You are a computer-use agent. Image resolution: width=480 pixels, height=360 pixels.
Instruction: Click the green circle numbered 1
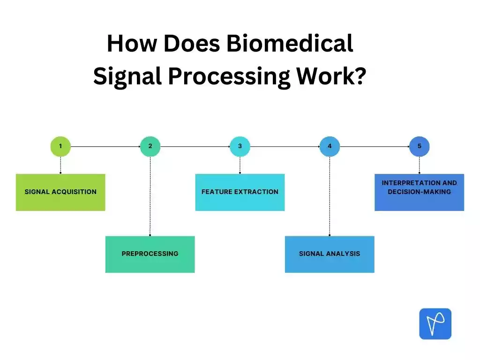60,146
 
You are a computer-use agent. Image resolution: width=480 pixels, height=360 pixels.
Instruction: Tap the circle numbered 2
150,146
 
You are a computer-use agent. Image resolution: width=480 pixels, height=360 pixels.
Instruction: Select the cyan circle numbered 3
240,146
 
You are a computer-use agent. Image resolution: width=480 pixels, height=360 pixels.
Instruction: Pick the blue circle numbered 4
330,146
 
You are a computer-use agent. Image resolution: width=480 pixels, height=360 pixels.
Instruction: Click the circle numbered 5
419,146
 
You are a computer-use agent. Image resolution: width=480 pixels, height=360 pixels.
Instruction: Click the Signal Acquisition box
60,192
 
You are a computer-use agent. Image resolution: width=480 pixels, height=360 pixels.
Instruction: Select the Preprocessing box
150,254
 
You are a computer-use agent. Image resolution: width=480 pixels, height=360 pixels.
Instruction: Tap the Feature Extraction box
240,192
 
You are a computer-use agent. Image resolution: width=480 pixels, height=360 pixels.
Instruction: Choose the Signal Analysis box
330,254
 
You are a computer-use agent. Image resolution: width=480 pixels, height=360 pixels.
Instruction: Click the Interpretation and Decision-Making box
419,192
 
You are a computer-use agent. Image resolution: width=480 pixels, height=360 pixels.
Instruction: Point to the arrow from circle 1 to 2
105,146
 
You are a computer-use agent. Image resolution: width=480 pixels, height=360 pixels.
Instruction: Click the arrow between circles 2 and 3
195,146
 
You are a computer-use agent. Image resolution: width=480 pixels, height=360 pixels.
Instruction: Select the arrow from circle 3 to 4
285,146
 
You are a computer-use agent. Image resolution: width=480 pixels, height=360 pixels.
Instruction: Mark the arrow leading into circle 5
374,146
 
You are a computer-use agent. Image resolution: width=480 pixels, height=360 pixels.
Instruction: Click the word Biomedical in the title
289,44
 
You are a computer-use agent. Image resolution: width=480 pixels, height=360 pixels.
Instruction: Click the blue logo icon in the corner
435,323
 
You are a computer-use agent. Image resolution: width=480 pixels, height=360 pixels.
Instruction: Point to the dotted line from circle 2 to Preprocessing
150,197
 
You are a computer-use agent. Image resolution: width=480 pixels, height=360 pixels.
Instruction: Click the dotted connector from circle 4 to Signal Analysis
330,197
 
